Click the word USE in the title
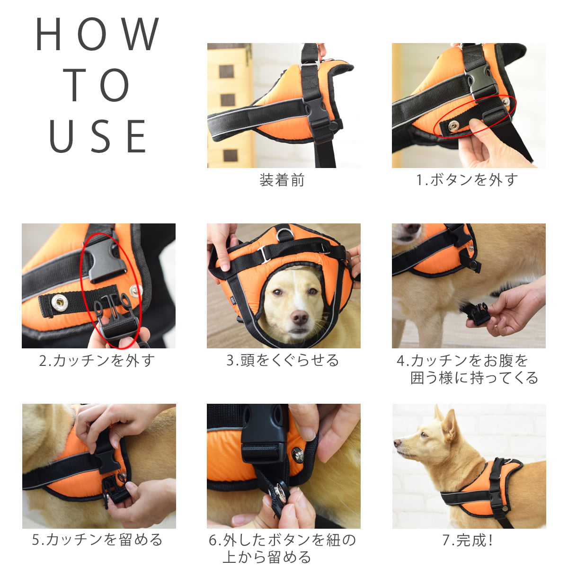point(98,136)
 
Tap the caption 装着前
point(282,180)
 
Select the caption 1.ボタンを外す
point(467,180)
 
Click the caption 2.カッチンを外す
point(97,361)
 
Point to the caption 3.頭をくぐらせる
point(283,361)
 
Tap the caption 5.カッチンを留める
point(98,540)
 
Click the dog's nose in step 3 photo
point(300,317)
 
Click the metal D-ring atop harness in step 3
point(284,233)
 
